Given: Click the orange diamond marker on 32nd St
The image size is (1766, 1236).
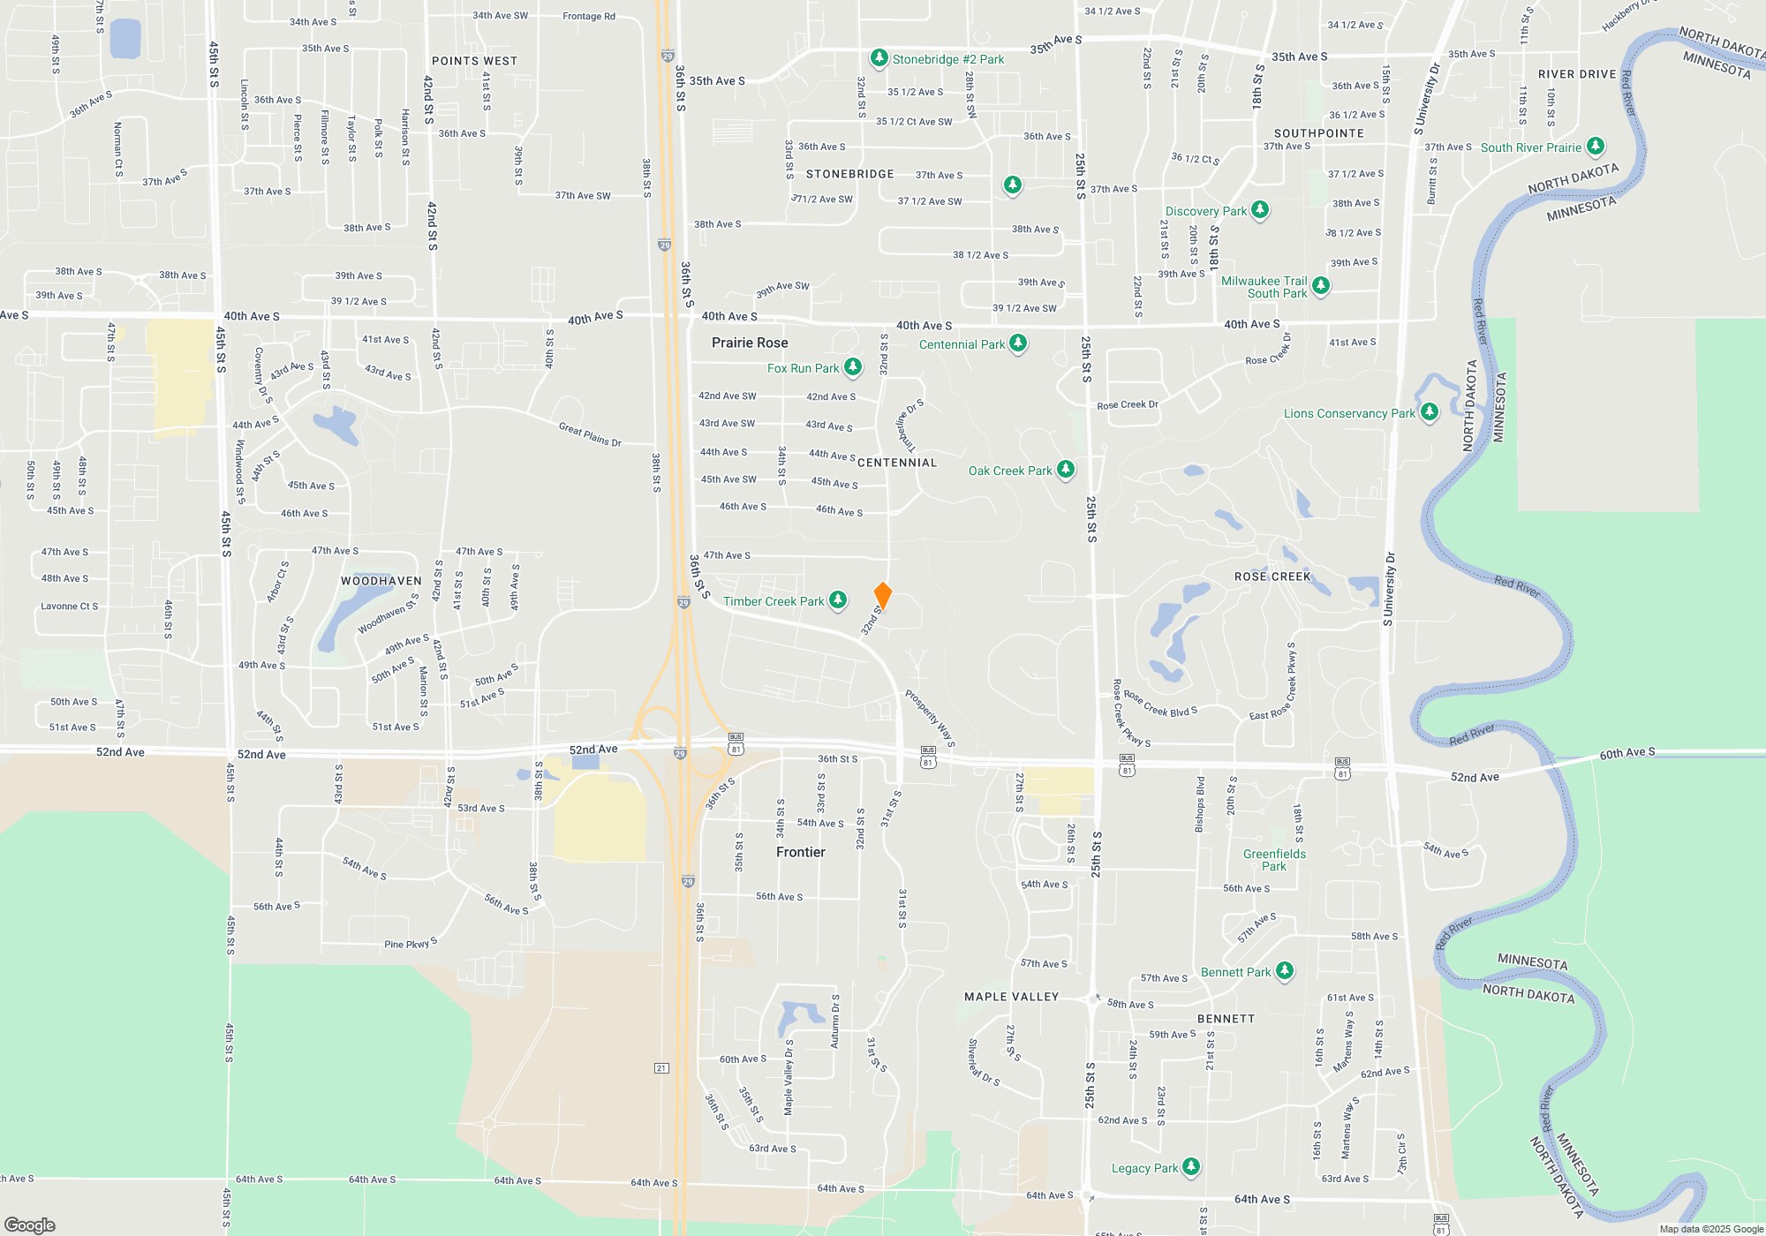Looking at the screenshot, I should pyautogui.click(x=882, y=596).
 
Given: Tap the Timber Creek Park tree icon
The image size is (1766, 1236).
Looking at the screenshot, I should pyautogui.click(x=838, y=600).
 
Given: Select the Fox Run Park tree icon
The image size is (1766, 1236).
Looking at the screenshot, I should pyautogui.click(x=853, y=367).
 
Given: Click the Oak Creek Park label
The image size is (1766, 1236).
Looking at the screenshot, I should pyautogui.click(x=1010, y=471).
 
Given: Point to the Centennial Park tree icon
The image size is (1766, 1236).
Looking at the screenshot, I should pyautogui.click(x=1018, y=343).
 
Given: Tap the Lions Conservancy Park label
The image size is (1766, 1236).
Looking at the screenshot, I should pyautogui.click(x=1348, y=413).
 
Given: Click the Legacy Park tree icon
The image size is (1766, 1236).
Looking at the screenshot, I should pyautogui.click(x=1190, y=1167).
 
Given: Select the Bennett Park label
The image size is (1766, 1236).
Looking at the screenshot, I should pyautogui.click(x=1235, y=972).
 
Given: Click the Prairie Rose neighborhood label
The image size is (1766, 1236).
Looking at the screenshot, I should pyautogui.click(x=750, y=343).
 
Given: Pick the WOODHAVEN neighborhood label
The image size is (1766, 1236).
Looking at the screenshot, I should pyautogui.click(x=381, y=581).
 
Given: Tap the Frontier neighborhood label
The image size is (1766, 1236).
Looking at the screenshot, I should pyautogui.click(x=800, y=852).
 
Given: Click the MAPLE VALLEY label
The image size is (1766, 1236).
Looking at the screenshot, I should pyautogui.click(x=1011, y=997).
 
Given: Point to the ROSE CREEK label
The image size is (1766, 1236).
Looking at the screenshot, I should pyautogui.click(x=1272, y=577).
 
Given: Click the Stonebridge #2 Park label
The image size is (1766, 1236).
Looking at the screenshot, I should pyautogui.click(x=947, y=59).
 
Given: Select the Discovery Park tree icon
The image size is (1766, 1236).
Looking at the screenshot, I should pyautogui.click(x=1260, y=210).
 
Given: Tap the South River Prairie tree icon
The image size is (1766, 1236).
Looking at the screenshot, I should pyautogui.click(x=1595, y=147).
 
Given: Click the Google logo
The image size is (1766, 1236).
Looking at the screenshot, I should pyautogui.click(x=30, y=1225).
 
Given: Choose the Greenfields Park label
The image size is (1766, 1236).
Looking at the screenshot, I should pyautogui.click(x=1274, y=860).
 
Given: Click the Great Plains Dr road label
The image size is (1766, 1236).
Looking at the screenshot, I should pyautogui.click(x=590, y=434).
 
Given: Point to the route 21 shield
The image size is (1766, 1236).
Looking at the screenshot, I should pyautogui.click(x=661, y=1068).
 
